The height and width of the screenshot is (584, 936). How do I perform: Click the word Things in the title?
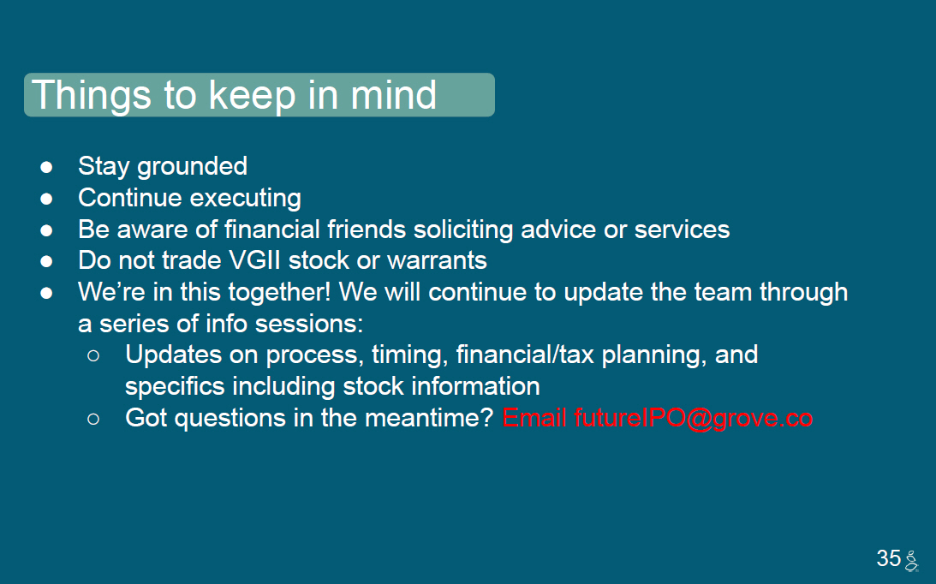coord(91,96)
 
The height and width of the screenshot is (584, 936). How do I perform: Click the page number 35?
coord(888,558)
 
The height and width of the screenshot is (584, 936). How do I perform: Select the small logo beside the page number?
coord(911,561)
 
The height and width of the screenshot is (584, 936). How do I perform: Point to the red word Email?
coord(534,417)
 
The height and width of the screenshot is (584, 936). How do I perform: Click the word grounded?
coord(192,167)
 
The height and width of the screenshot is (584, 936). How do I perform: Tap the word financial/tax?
coord(525,355)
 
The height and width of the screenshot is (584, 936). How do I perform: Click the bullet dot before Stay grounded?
coord(46,167)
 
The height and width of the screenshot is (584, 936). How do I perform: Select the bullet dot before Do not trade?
coord(46,261)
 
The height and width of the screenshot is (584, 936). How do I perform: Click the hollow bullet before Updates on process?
coord(93,356)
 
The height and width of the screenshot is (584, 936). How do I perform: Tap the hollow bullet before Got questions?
coord(93,420)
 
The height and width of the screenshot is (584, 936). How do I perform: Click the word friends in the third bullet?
coord(367,229)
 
